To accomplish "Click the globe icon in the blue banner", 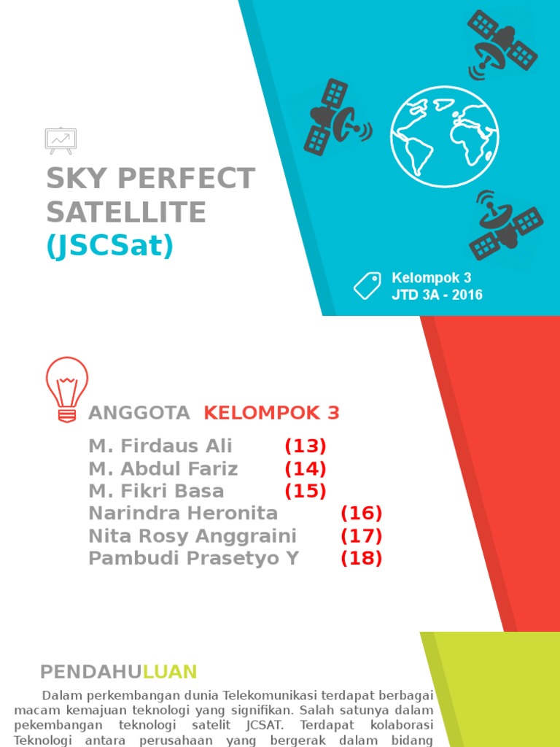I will click(x=445, y=136).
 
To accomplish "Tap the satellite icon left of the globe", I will click(x=336, y=117).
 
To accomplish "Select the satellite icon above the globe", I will click(x=502, y=43).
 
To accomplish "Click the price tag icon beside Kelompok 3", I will click(x=367, y=285).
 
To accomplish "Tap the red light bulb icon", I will click(x=67, y=389).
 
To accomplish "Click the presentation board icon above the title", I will click(x=61, y=140).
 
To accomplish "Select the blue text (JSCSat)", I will click(x=110, y=247).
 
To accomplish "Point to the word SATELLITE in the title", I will click(x=126, y=212).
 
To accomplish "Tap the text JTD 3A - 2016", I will click(x=437, y=295).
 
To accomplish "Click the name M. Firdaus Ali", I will click(x=160, y=446).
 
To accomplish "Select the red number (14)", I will click(x=306, y=468).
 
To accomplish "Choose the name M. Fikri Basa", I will click(x=156, y=491).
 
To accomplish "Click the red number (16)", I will click(x=362, y=514).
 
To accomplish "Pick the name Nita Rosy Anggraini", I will click(x=192, y=536).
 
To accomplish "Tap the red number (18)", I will click(x=362, y=559).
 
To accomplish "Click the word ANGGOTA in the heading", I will click(x=139, y=413).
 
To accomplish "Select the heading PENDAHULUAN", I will click(x=118, y=672).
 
